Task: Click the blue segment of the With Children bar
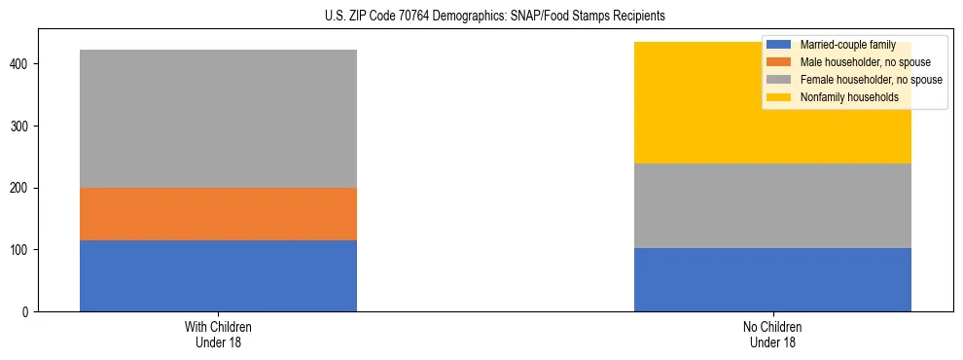tap(218, 275)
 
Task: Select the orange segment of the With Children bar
tap(218, 214)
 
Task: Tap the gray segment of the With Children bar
tap(218, 119)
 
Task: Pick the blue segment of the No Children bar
tap(772, 279)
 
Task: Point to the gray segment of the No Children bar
tap(772, 205)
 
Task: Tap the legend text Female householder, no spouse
tap(871, 80)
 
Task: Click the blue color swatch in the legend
tap(778, 45)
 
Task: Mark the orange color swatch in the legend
tap(778, 62)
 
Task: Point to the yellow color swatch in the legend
tap(778, 97)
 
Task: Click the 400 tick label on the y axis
tap(21, 64)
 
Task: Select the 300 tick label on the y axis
tap(21, 126)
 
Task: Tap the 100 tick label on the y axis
tap(21, 250)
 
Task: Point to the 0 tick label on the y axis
tap(27, 312)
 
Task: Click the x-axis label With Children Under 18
tap(218, 334)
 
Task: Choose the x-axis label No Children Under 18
tap(772, 334)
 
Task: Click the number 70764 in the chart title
tap(421, 17)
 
